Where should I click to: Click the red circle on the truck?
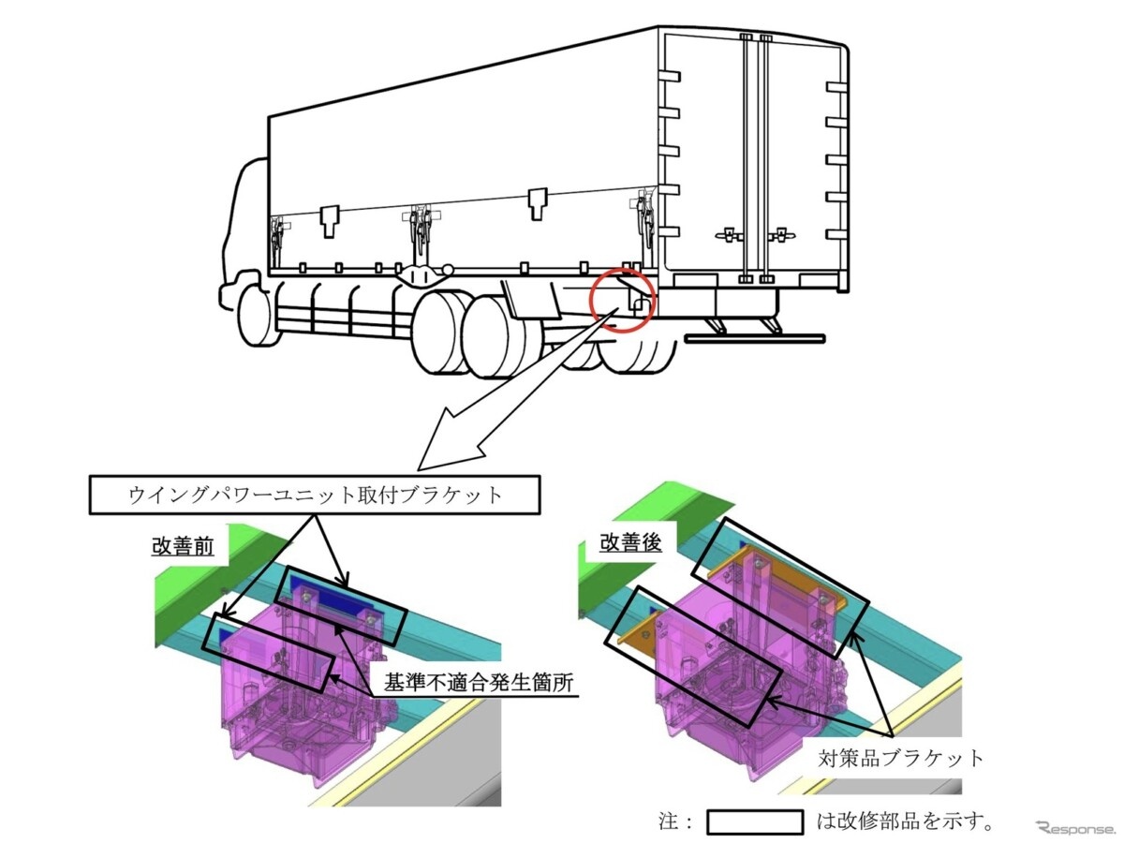pos(621,299)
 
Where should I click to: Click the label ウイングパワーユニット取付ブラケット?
pos(316,495)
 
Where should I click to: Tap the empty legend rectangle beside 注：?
pos(755,822)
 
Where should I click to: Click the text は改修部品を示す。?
pos(905,822)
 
